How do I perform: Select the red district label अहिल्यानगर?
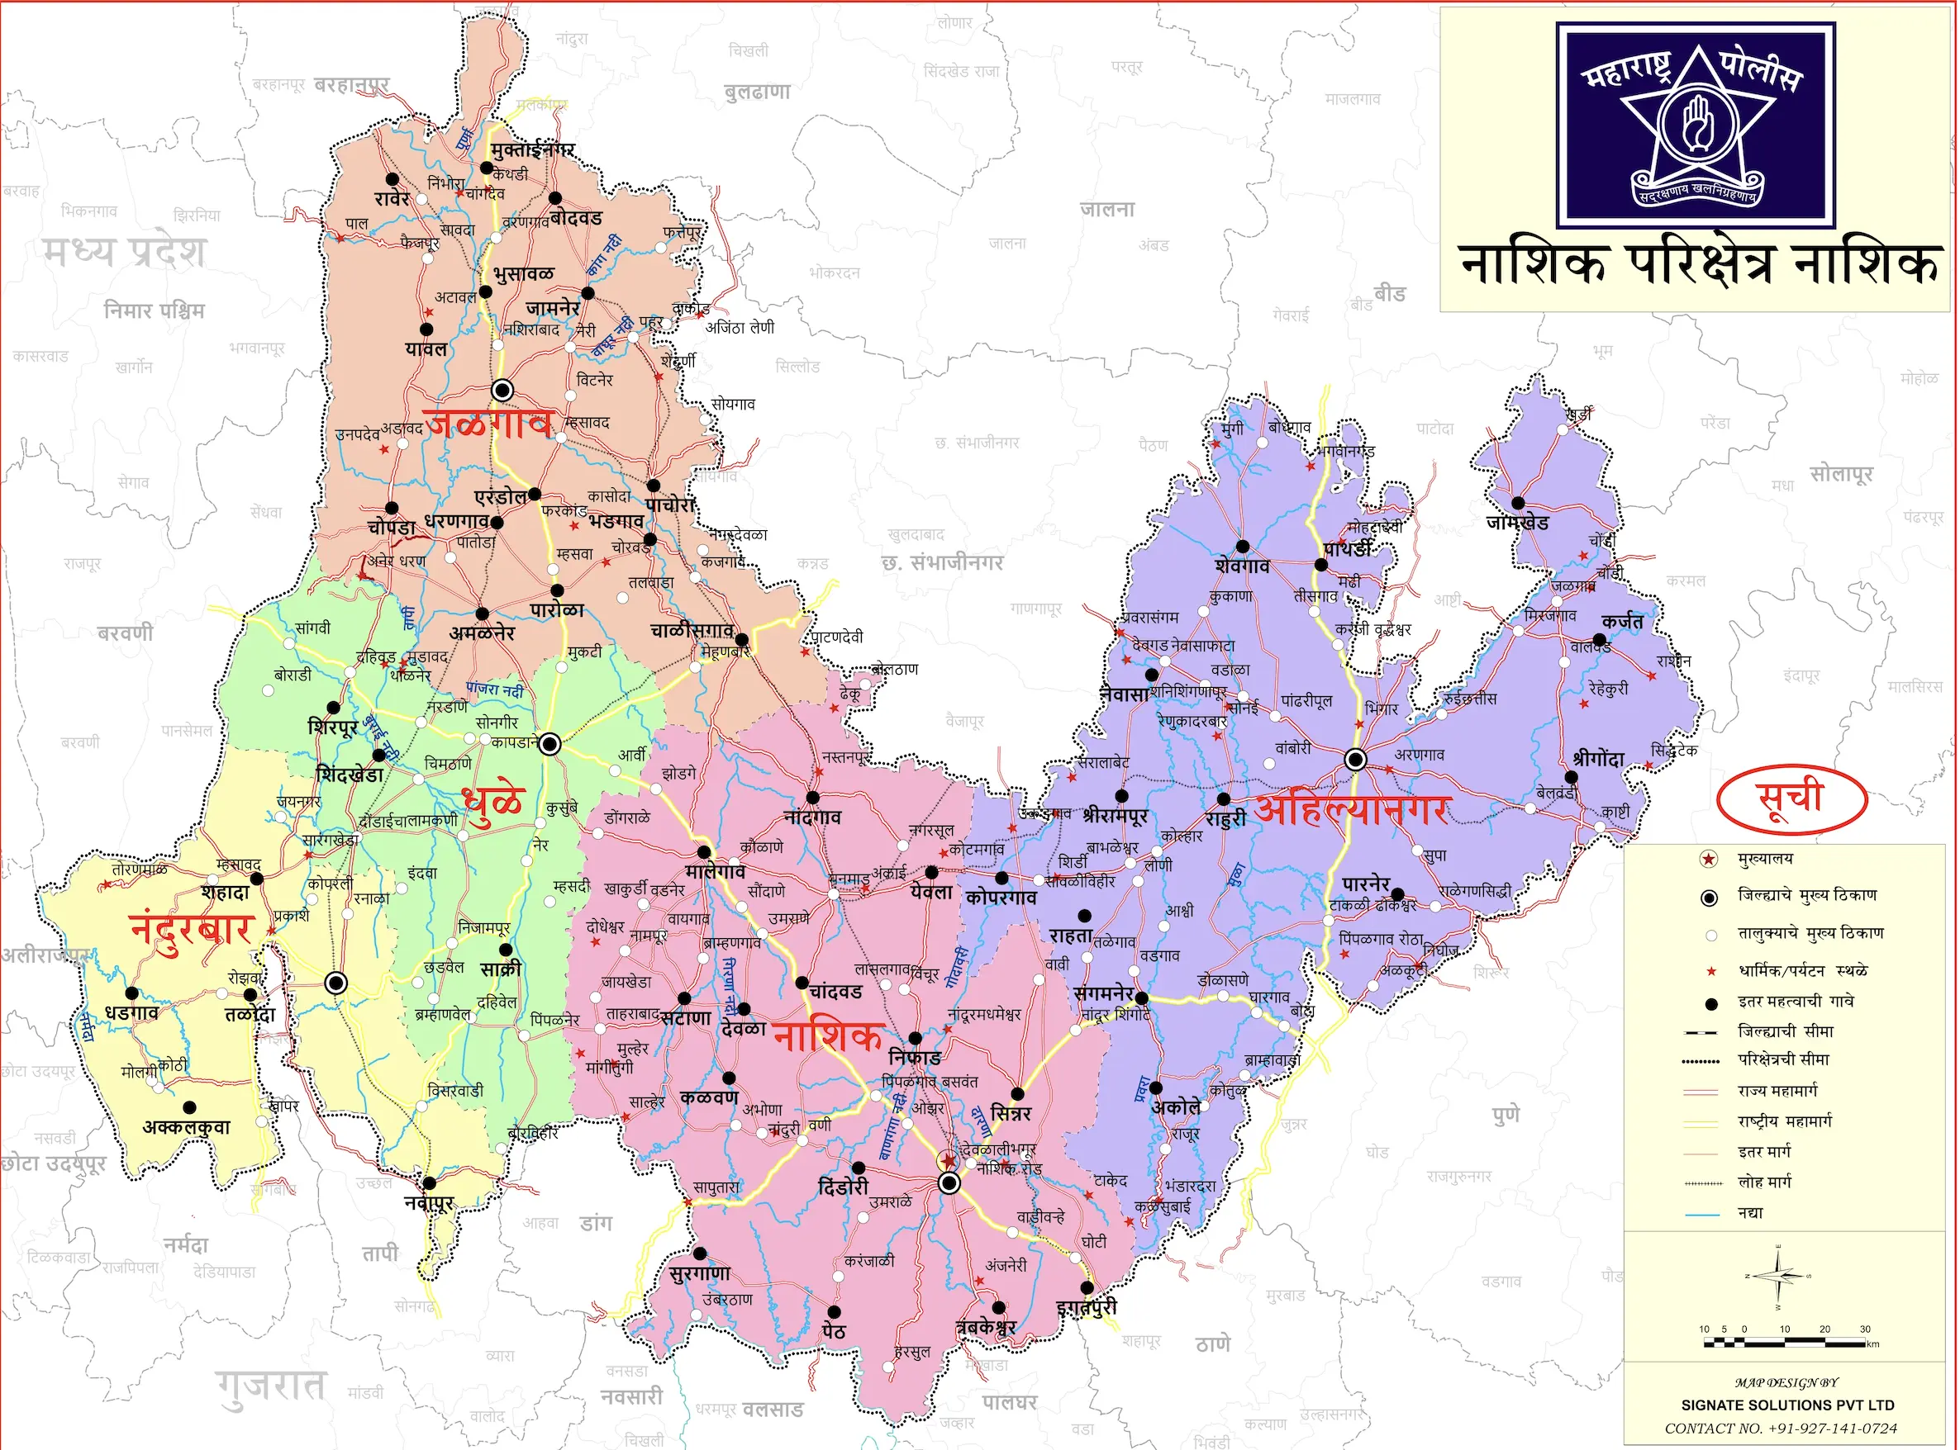pos(1352,808)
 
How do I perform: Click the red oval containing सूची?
pos(1791,797)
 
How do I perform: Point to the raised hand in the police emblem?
pos(1696,124)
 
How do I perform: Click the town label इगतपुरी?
pos(1087,1308)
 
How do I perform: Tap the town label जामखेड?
pos(1517,522)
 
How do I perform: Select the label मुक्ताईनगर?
pos(532,150)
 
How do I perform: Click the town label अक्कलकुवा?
pos(186,1127)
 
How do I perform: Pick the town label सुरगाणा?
pos(699,1273)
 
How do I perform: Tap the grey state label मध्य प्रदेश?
pos(125,252)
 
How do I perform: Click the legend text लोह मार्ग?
pos(1764,1182)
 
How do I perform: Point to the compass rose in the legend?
pos(1778,1277)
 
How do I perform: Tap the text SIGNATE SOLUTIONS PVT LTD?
pos(1787,1405)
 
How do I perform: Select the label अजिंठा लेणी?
pos(740,327)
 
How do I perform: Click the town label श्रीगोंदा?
pos(1598,758)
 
